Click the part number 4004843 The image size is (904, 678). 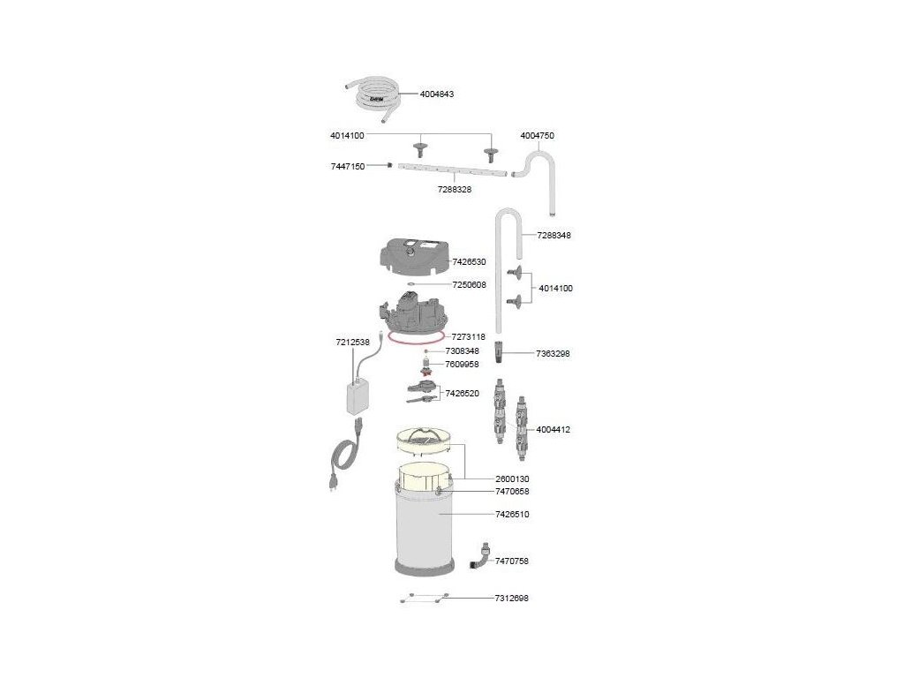[x=437, y=94]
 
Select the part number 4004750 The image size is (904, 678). [x=538, y=136]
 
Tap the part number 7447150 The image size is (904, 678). [x=348, y=166]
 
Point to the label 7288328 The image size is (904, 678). [x=455, y=189]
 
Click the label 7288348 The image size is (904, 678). [x=554, y=236]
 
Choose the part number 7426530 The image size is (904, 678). [x=470, y=262]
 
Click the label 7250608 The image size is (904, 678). [x=470, y=285]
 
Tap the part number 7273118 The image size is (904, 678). [x=470, y=336]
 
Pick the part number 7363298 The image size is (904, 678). [x=554, y=353]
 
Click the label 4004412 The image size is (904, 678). [x=554, y=430]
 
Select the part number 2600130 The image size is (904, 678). [x=512, y=478]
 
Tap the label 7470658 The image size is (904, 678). [x=512, y=492]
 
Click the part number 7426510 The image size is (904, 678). [x=512, y=514]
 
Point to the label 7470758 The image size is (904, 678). [x=512, y=561]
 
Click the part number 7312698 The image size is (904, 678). [x=512, y=599]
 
